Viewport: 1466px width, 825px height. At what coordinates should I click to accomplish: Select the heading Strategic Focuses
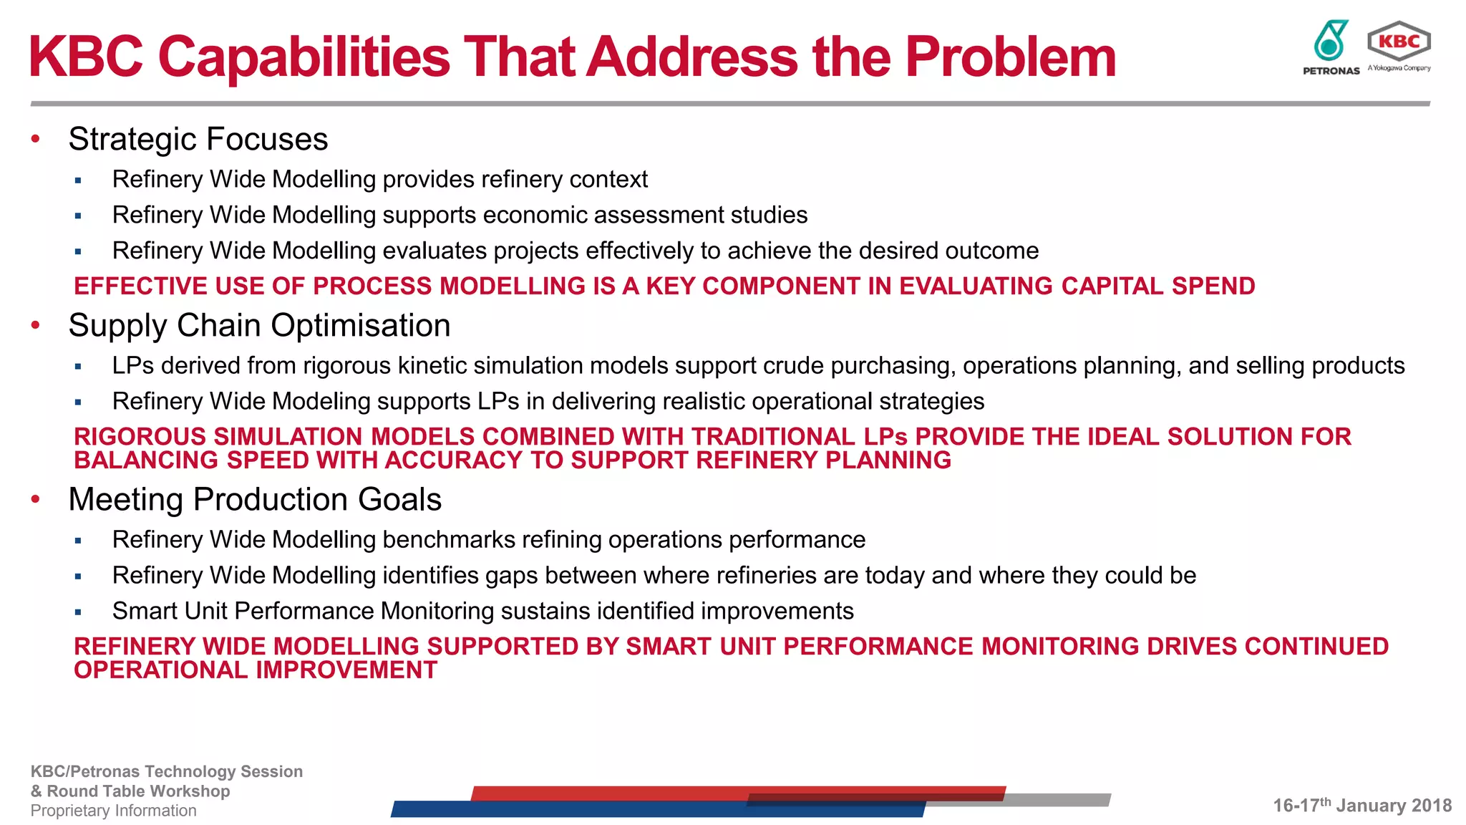coord(198,139)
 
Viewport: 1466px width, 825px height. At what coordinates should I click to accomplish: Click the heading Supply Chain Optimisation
coord(259,325)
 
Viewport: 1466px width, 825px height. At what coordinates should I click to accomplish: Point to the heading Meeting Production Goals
coord(255,499)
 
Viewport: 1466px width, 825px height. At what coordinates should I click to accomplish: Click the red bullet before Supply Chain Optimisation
coord(36,325)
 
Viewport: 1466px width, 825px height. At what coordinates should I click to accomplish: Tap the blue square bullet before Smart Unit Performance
coord(78,612)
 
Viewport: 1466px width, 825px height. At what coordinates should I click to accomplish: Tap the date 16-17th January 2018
coord(1361,806)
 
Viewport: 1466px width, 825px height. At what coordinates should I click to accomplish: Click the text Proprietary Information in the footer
coord(113,811)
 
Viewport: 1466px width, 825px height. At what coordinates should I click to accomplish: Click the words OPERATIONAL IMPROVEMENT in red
coord(256,670)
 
